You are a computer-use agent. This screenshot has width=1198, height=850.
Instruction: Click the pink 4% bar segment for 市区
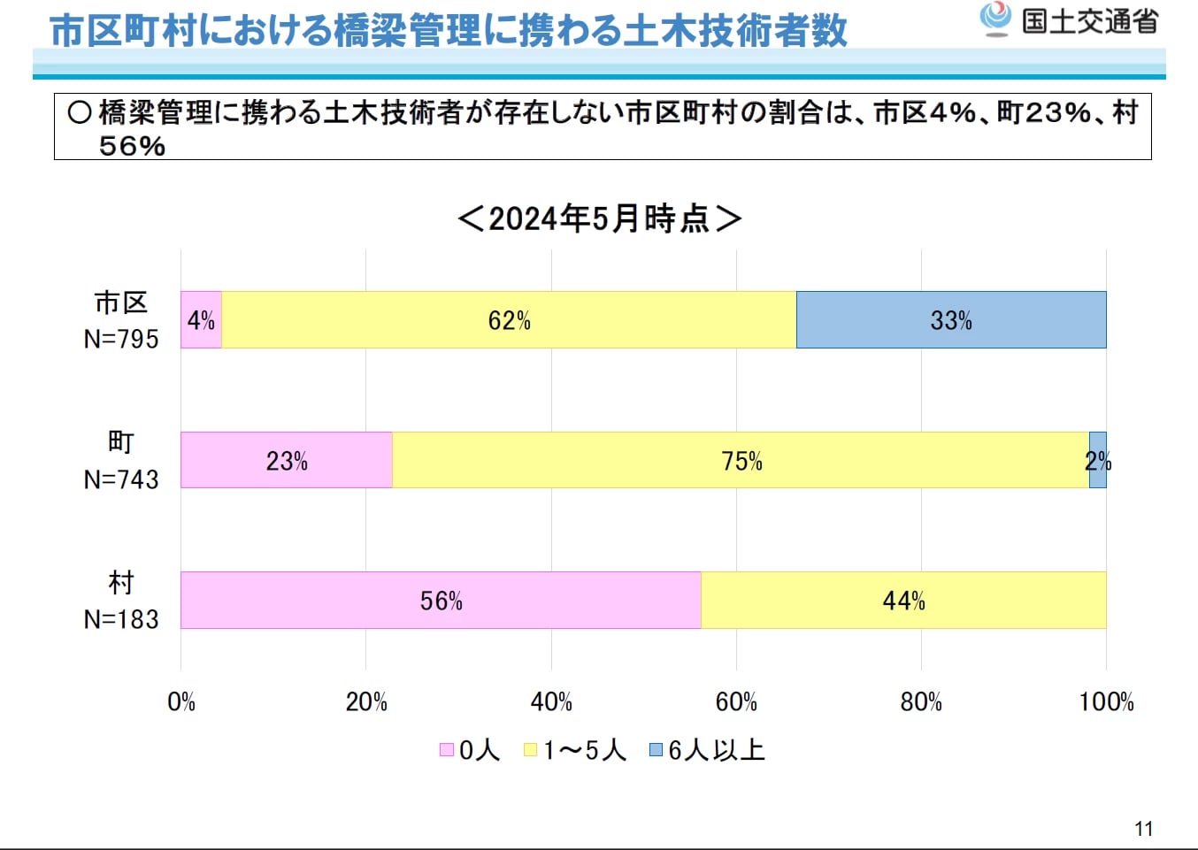coord(201,319)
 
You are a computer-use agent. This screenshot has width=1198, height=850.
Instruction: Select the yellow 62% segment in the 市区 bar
coord(509,319)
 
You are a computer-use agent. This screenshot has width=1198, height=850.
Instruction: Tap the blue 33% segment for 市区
coord(951,319)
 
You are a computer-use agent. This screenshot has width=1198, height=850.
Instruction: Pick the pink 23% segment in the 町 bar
coord(287,460)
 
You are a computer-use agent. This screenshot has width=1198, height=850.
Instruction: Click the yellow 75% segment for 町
coord(741,460)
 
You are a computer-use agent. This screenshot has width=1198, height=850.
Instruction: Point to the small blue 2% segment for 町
coord(1097,460)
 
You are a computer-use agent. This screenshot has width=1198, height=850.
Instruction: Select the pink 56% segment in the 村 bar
coord(441,601)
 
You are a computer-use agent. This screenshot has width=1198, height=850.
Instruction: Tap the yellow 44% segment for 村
coord(903,601)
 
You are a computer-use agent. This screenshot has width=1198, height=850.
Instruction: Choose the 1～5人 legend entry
coord(576,750)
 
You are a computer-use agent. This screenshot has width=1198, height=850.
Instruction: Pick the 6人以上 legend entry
coord(707,750)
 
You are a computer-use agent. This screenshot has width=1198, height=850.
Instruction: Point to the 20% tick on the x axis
coord(366,702)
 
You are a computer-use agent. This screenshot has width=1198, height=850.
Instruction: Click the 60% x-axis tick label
coord(736,702)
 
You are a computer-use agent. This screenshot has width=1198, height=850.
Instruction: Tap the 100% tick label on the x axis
coord(1106,702)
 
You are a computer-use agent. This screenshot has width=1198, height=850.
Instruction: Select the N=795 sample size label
coord(121,339)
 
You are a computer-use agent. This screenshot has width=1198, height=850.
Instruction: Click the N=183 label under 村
coord(121,619)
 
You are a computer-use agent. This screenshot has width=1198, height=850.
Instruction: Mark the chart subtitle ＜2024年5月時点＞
coord(599,218)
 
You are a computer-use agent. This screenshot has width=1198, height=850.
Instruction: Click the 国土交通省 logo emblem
coord(995,18)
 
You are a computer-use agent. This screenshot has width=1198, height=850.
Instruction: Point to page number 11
coord(1143,829)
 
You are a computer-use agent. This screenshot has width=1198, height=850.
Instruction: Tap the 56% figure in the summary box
coord(132,146)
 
